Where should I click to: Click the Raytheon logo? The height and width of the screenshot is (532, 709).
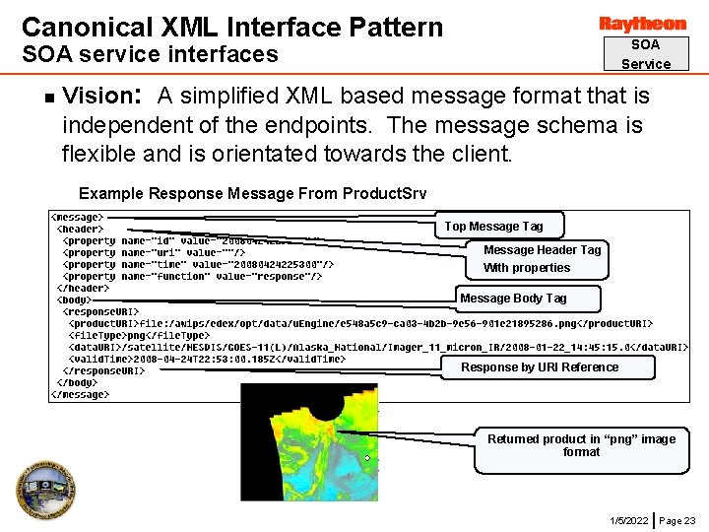coord(643,24)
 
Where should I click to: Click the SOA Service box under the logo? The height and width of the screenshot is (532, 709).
coord(645,54)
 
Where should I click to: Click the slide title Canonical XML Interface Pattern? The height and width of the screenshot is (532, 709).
coord(232,27)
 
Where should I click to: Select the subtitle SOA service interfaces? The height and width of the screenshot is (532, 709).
coord(150,54)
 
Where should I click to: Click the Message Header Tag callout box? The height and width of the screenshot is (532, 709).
coord(542,259)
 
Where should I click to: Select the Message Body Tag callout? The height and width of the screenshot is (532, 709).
coord(513,299)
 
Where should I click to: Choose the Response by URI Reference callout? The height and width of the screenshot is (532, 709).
coord(541,367)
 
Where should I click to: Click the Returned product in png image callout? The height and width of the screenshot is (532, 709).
coord(581,445)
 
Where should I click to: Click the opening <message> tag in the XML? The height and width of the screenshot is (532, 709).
coord(77,217)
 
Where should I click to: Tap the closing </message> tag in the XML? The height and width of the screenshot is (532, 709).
coord(80,394)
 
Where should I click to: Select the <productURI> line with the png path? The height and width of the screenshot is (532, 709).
coord(359,323)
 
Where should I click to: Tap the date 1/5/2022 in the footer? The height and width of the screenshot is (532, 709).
coord(628,520)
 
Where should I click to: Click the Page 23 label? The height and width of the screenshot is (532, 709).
coord(677,520)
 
